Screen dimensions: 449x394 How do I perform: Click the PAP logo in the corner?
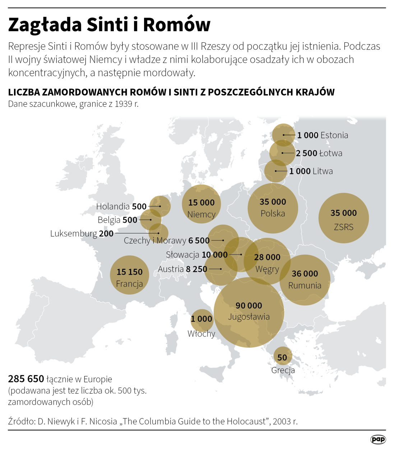pyautogui.click(x=378, y=439)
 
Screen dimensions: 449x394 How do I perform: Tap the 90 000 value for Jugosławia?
pyautogui.click(x=249, y=305)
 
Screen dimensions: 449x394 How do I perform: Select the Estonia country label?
pyautogui.click(x=334, y=135)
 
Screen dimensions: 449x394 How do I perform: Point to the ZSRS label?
pyautogui.click(x=343, y=227)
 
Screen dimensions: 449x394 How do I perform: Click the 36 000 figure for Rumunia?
pyautogui.click(x=305, y=274)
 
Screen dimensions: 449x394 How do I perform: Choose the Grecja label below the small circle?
pyautogui.click(x=283, y=370)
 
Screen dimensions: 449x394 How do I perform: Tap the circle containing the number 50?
pyautogui.click(x=282, y=357)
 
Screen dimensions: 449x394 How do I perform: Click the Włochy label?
pyautogui.click(x=201, y=334)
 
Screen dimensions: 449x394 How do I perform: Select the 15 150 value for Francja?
pyautogui.click(x=129, y=272)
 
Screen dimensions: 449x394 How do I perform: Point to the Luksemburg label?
pyautogui.click(x=74, y=233)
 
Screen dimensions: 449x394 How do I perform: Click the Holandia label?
pyautogui.click(x=113, y=206)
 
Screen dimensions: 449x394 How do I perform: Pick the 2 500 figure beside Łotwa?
pyautogui.click(x=306, y=153)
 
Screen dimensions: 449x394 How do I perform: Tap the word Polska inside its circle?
pyautogui.click(x=273, y=213)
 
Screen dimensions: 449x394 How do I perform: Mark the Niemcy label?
pyautogui.click(x=201, y=214)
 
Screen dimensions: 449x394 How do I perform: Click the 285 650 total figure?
pyautogui.click(x=26, y=379)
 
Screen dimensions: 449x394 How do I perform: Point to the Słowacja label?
pyautogui.click(x=182, y=255)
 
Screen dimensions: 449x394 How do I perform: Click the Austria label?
pyautogui.click(x=171, y=269)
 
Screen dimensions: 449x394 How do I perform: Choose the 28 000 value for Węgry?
pyautogui.click(x=267, y=257)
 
